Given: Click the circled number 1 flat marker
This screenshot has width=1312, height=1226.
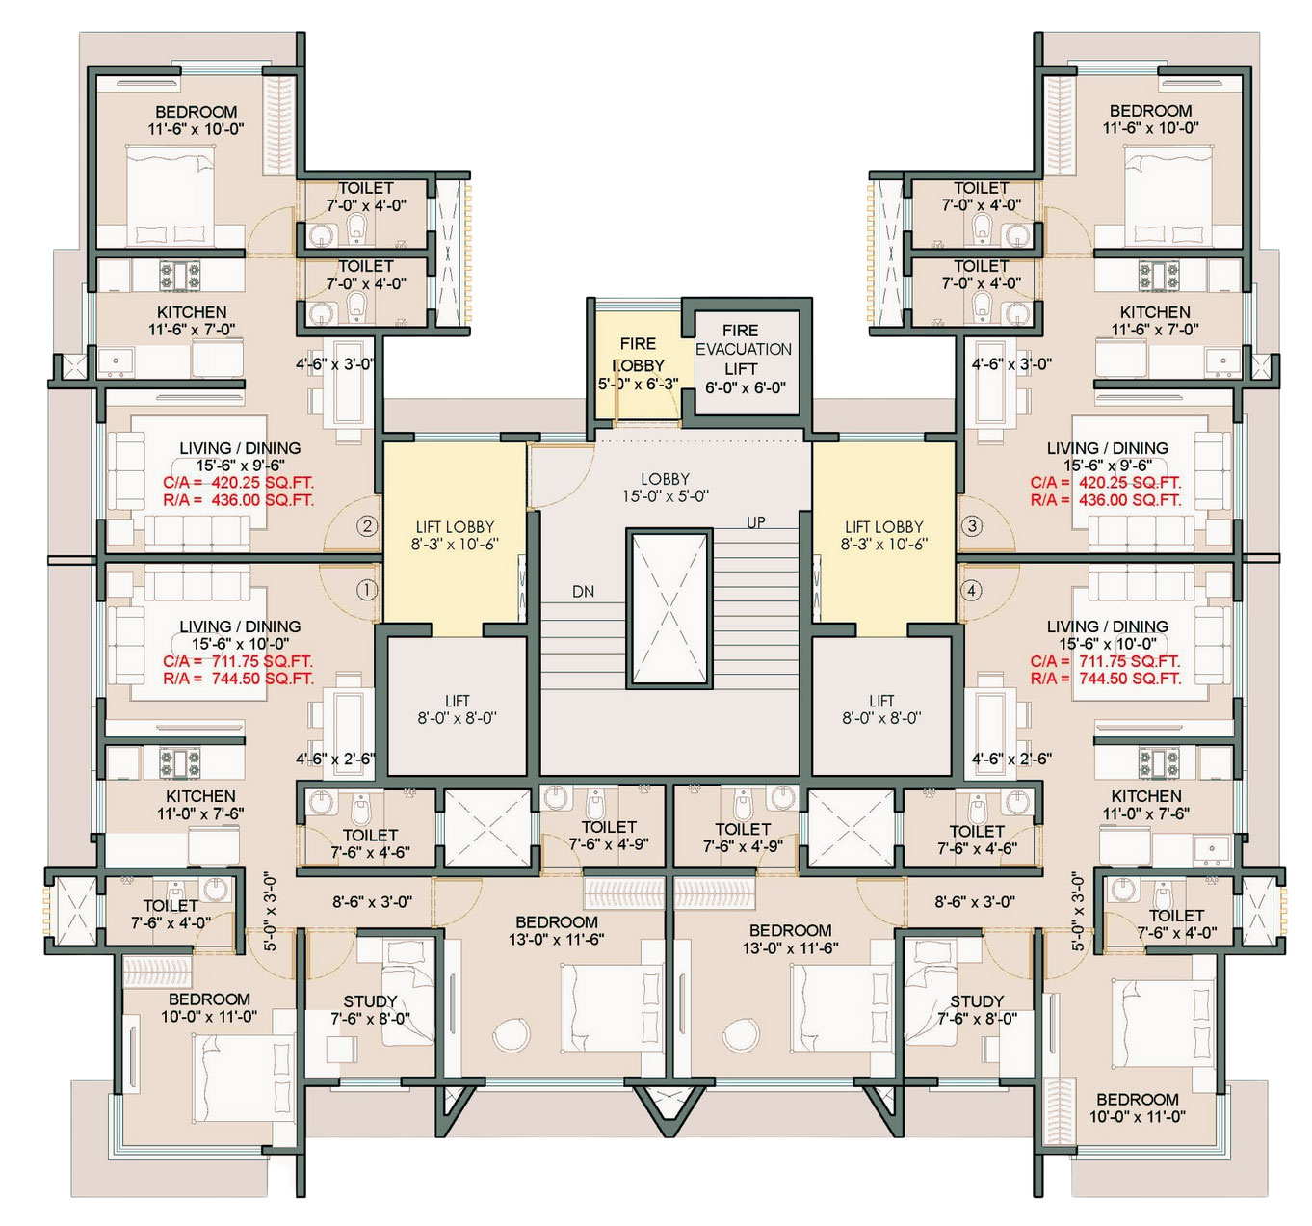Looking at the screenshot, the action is tap(367, 589).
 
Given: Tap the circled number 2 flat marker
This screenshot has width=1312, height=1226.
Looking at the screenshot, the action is tap(367, 526).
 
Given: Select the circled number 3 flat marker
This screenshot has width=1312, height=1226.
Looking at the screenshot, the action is tap(971, 526).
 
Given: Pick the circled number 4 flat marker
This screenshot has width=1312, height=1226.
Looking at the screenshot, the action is tap(970, 590).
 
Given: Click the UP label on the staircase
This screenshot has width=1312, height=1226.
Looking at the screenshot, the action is tap(756, 522).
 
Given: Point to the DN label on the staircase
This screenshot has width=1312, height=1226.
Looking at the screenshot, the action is tap(584, 592).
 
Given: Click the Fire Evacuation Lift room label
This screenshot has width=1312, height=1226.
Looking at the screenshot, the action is tap(744, 360).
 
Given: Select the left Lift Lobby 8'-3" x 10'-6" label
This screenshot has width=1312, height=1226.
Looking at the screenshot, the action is tap(455, 536).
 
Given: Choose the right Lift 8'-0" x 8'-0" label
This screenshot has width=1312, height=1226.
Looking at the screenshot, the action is tap(881, 708).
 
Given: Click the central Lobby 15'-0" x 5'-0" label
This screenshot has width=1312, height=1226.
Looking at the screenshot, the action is tap(666, 488).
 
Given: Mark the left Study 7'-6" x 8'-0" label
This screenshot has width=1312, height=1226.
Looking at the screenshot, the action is tap(370, 1010).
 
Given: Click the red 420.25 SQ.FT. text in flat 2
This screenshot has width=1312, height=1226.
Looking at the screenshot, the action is tap(262, 483).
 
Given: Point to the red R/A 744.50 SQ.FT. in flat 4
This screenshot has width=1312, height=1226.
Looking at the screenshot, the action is tap(1105, 679).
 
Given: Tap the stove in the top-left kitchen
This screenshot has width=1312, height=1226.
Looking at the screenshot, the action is tap(179, 275).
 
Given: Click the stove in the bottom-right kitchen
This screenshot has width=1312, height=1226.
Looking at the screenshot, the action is tap(1159, 763).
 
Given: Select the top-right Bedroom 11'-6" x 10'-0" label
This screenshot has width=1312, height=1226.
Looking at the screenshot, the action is tap(1151, 119).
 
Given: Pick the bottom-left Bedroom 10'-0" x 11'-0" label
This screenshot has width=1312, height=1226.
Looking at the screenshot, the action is tap(209, 1008).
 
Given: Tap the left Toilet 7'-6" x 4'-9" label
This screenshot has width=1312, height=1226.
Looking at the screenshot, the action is tap(609, 836).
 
